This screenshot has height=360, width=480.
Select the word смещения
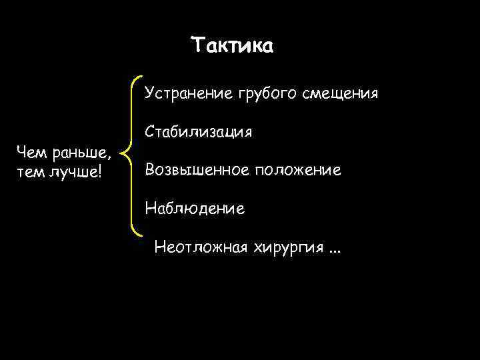341,93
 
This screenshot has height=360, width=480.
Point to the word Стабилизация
198,131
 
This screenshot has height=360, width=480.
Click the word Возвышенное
193,170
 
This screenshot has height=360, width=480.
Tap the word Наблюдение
195,209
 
